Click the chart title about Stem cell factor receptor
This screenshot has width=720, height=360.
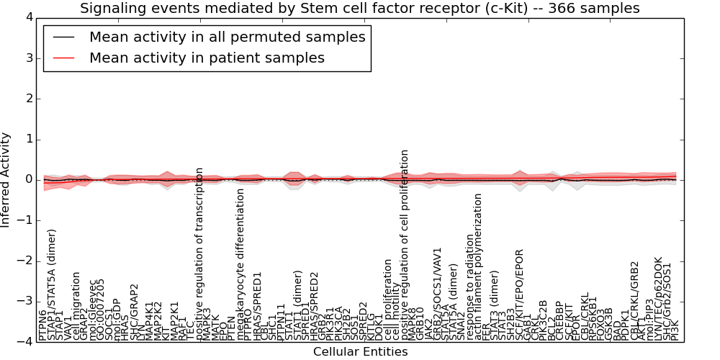pos(359,8)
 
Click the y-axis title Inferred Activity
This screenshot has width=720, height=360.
pos(6,180)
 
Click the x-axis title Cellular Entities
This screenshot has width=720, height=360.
pos(360,352)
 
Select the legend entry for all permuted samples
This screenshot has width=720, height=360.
pos(227,37)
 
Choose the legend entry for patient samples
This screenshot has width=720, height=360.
pos(207,58)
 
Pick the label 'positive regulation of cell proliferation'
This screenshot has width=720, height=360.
pos(405,245)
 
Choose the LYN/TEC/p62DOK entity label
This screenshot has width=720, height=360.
pos(658,298)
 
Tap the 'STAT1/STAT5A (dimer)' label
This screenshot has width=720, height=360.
pos(52,284)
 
